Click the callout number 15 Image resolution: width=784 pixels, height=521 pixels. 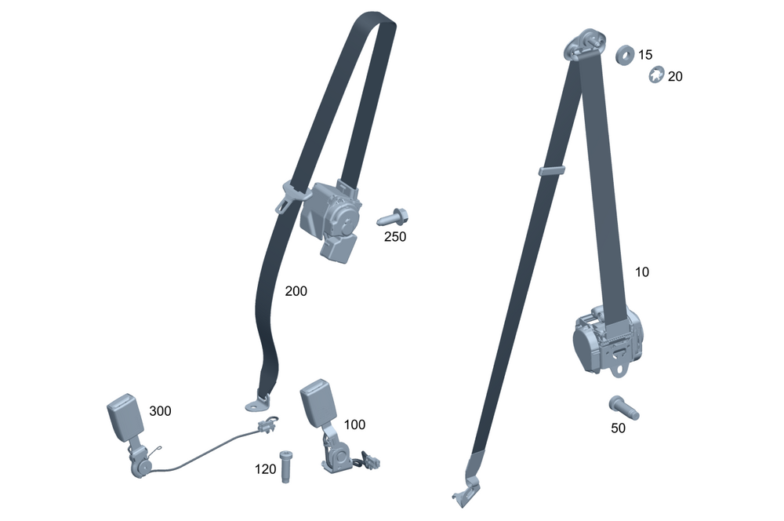[645, 55]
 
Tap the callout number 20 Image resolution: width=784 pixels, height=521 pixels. [675, 77]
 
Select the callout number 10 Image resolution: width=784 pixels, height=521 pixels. [642, 271]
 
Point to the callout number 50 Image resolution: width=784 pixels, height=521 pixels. [618, 428]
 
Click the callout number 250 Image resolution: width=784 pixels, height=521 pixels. [395, 237]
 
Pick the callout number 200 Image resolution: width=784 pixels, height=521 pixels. [296, 291]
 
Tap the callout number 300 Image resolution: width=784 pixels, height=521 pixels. [160, 411]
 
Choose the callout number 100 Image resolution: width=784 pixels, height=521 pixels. [354, 424]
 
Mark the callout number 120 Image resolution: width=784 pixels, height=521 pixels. [266, 469]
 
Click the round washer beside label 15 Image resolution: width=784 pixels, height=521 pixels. [625, 55]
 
